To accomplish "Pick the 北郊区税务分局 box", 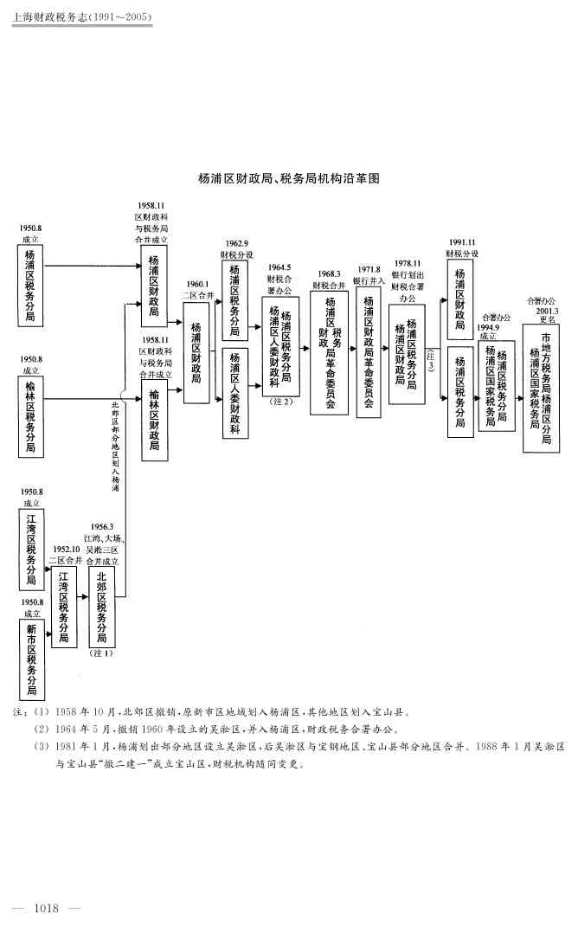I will (x=101, y=608).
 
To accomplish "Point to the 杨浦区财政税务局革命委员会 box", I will (x=329, y=351).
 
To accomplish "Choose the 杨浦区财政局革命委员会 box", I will (x=369, y=351).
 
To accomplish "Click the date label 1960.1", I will (x=196, y=284).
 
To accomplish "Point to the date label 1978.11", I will (x=407, y=263).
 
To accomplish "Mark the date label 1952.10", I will (x=66, y=549).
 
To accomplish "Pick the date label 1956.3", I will (x=101, y=527).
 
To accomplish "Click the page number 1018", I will (x=45, y=907).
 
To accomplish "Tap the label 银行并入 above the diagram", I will (x=368, y=280).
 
